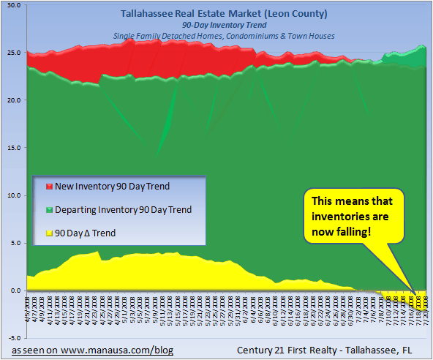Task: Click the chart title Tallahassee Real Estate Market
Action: click(x=217, y=13)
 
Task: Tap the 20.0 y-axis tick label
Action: click(x=13, y=100)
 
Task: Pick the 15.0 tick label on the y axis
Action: click(x=13, y=148)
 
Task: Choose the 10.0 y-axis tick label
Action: click(x=13, y=195)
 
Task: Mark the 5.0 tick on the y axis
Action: click(x=15, y=243)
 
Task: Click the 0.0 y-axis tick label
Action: click(x=15, y=290)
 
